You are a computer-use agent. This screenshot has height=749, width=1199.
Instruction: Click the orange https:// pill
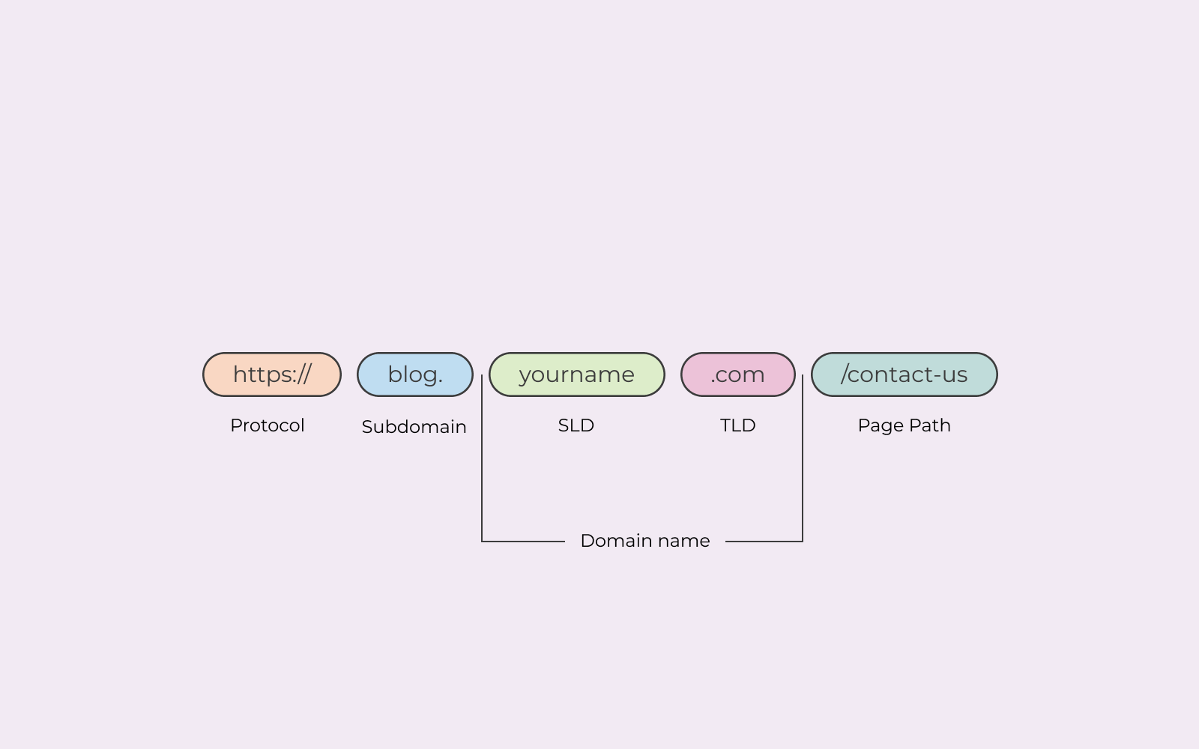coord(271,374)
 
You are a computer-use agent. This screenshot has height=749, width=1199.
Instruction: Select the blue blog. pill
coord(414,374)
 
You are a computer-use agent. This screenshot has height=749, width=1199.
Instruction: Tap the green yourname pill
coord(576,374)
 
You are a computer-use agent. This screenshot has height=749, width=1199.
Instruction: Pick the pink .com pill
coord(737,374)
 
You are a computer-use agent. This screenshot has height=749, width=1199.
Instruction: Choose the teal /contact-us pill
coord(904,374)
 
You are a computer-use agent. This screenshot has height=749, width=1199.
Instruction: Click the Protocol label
coord(267,425)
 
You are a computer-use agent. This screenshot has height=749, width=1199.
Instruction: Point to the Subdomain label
coord(414,427)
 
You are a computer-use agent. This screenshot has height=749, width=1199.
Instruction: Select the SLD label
coord(576,425)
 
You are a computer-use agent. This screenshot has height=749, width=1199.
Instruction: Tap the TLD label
coord(737,425)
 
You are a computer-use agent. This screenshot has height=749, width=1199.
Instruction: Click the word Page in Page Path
coord(881,426)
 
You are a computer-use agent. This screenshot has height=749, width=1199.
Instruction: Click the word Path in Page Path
coord(929,425)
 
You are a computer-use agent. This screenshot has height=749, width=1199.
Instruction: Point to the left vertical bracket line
coord(482,464)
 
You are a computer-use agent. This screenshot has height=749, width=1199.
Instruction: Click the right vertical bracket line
coord(803,464)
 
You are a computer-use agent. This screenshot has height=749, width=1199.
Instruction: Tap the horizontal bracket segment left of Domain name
coord(523,542)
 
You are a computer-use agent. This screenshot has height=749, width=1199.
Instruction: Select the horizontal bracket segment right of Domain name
coord(764,542)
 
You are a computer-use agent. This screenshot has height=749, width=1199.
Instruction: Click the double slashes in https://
coord(302,374)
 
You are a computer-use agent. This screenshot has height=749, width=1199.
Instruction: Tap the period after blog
coord(440,381)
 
